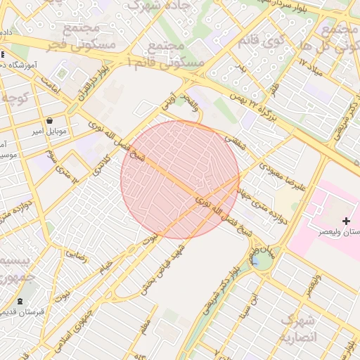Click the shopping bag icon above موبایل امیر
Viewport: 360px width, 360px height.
[51, 120]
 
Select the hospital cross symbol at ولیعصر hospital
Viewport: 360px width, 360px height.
[345, 221]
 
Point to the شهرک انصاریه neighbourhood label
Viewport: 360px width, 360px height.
[300, 329]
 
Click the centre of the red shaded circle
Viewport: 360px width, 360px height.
[180, 179]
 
